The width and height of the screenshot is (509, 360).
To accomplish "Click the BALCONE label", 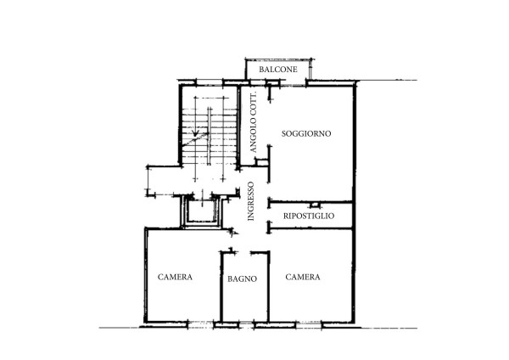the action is pyautogui.click(x=278, y=70).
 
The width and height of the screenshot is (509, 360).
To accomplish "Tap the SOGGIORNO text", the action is pyautogui.click(x=306, y=133).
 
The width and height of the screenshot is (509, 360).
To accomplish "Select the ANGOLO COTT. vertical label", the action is pyautogui.click(x=253, y=122).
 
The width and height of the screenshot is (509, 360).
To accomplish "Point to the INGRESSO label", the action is pyautogui.click(x=251, y=201).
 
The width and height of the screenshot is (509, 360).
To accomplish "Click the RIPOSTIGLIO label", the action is pyautogui.click(x=309, y=216).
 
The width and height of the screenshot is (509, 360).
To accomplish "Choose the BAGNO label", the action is pyautogui.click(x=242, y=278).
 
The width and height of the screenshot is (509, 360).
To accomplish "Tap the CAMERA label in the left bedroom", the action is pyautogui.click(x=175, y=277).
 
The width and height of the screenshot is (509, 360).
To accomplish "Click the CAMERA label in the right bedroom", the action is pyautogui.click(x=303, y=277).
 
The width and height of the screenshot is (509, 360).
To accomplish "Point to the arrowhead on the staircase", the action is pyautogui.click(x=195, y=132).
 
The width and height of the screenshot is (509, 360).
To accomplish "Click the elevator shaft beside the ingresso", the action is pyautogui.click(x=202, y=211).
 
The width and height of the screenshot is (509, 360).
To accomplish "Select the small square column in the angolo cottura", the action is pyautogui.click(x=261, y=162).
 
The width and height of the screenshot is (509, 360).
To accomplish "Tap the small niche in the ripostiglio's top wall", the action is pyautogui.click(x=314, y=205).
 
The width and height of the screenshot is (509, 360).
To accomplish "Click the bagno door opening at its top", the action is pyautogui.click(x=243, y=252).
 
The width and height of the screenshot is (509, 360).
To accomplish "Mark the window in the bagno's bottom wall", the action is pyautogui.click(x=246, y=324).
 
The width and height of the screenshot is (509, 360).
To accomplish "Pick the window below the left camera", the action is pyautogui.click(x=201, y=324).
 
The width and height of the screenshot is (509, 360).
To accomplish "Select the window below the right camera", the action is pyautogui.click(x=309, y=324).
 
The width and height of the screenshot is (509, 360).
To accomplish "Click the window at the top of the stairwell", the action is pyautogui.click(x=210, y=82).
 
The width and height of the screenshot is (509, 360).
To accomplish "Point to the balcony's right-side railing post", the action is pyautogui.click(x=310, y=69).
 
